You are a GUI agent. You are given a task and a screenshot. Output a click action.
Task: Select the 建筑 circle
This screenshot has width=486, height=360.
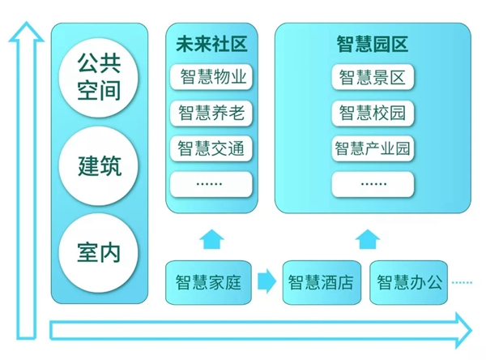(x=100, y=167)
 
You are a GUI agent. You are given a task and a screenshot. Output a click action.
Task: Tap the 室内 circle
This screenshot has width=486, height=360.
(x=100, y=252)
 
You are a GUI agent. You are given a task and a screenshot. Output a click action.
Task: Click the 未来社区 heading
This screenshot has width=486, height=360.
(x=211, y=44)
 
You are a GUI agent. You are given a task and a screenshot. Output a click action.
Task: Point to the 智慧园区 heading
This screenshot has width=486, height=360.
(x=373, y=44)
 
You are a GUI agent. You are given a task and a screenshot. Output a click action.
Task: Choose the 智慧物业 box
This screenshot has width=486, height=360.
(x=211, y=78)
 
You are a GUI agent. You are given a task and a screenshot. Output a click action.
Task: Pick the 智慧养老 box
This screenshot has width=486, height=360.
(x=211, y=114)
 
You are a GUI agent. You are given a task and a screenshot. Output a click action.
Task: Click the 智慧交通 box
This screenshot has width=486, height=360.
(x=211, y=148)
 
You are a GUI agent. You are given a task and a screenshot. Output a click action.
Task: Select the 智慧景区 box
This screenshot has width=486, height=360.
(x=373, y=78)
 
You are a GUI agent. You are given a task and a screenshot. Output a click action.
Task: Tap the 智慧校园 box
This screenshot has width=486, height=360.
(x=373, y=114)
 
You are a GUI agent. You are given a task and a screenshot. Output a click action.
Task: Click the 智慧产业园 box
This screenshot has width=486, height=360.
(x=373, y=148)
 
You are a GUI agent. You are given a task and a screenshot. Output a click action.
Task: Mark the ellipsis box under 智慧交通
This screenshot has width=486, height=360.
(x=211, y=183)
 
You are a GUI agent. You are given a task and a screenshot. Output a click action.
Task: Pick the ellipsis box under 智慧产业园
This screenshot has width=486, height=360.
(x=373, y=183)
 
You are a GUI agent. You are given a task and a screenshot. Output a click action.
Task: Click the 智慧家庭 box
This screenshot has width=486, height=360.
(x=208, y=282)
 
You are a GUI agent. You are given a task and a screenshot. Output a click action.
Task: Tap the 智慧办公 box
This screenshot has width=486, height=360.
(x=410, y=282)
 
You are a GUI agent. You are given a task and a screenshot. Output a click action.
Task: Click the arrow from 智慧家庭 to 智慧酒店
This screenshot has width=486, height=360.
(x=266, y=282)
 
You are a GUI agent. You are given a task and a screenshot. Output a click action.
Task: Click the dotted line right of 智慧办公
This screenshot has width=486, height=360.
(x=462, y=282)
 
